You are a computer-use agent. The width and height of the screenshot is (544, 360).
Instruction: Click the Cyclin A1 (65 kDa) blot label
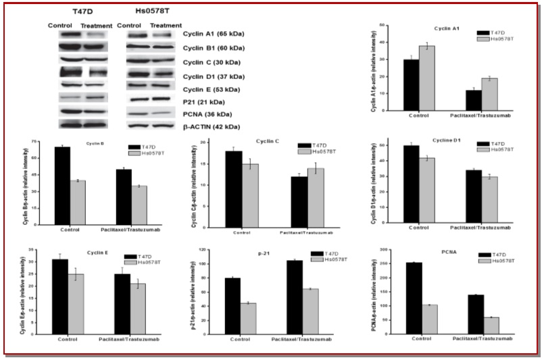point(214,34)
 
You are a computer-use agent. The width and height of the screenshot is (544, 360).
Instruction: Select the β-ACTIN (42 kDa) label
point(212,126)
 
